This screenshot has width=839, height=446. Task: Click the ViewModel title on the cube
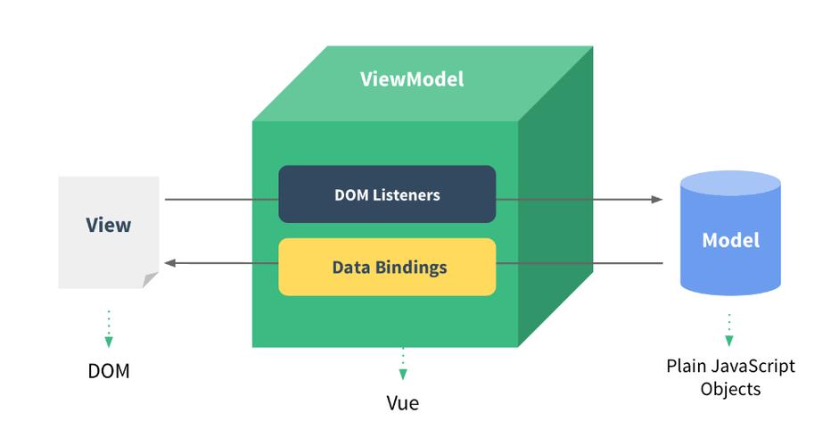[x=412, y=79]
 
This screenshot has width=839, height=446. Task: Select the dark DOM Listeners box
[x=387, y=194]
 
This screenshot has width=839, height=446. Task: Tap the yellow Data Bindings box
[x=387, y=267]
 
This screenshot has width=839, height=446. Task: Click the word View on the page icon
[x=108, y=225]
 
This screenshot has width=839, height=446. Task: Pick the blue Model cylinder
[x=730, y=239]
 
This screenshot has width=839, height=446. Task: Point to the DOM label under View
[x=109, y=370]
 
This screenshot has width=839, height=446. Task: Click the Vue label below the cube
[x=402, y=402]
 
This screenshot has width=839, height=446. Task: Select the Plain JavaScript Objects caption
[x=730, y=377]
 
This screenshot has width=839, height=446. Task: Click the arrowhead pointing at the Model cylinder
[x=657, y=199]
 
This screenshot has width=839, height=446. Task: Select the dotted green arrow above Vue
[x=402, y=363]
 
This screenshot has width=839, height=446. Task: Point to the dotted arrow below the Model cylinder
[x=729, y=329]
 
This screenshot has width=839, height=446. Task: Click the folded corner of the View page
[x=151, y=280]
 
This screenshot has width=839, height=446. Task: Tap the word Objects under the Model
[x=730, y=389]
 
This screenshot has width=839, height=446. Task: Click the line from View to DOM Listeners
[x=221, y=199]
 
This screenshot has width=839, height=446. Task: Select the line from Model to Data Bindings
[x=580, y=263]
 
